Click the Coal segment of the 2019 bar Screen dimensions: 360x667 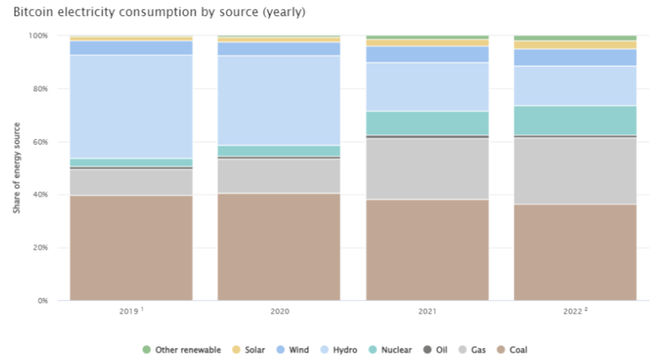[131, 248]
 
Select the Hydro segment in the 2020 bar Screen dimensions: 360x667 [279, 100]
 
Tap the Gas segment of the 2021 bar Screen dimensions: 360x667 [427, 168]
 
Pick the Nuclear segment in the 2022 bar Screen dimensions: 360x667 [575, 120]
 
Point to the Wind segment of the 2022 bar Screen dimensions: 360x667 [575, 57]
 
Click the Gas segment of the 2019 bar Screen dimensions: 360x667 [131, 182]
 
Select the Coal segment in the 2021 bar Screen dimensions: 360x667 [427, 250]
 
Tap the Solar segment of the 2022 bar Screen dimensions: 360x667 [575, 45]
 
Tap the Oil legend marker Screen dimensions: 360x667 [427, 350]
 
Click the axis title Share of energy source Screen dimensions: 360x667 [17, 168]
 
